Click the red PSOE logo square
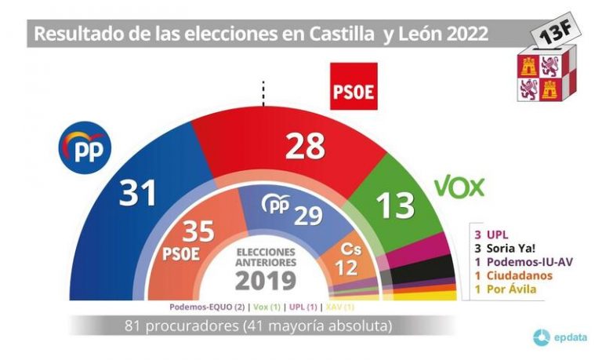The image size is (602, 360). click(x=354, y=86)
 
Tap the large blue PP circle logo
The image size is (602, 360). click(x=86, y=147)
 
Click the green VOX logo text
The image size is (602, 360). click(x=460, y=187)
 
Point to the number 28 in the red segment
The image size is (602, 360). click(x=306, y=146)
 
